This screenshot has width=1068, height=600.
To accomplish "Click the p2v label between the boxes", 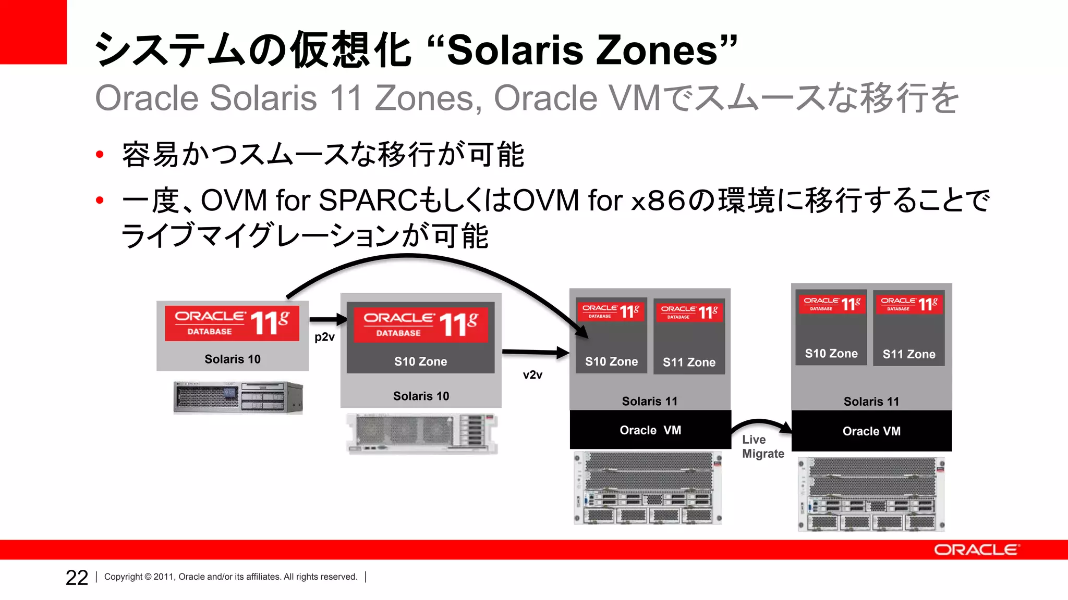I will (x=324, y=337).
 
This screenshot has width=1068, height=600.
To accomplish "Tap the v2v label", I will (x=532, y=375).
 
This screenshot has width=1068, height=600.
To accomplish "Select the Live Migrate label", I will (x=762, y=447).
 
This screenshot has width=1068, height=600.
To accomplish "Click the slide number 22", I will (x=77, y=578).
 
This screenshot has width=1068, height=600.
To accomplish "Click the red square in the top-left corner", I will (x=33, y=32).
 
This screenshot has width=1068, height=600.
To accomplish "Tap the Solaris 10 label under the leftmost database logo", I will (x=232, y=359).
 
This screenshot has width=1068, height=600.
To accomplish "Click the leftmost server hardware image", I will (x=238, y=397).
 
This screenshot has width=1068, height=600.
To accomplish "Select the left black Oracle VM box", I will (x=650, y=430).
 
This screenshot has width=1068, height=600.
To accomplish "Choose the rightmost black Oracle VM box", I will (x=871, y=431).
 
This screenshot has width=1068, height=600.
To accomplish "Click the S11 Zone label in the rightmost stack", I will (x=908, y=355).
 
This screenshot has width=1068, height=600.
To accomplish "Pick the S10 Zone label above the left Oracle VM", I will (x=611, y=362).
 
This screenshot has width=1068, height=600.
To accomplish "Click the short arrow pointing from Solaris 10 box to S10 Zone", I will (x=328, y=319).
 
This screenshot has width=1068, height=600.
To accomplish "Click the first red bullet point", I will (x=100, y=155).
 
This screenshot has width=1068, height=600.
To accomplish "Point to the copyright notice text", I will (x=230, y=577).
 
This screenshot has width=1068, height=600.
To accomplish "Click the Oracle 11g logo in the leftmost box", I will (x=232, y=323).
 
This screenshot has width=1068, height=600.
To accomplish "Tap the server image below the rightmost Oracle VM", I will (x=871, y=494).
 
